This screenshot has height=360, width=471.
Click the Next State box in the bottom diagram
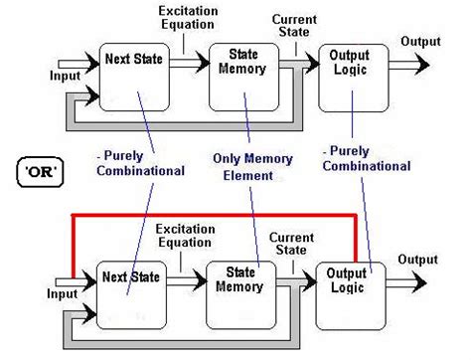tap(128, 293)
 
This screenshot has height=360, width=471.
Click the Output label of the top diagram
tap(420, 41)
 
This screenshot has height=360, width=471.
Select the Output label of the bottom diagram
tap(418, 260)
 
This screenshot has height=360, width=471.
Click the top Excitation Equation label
tap(189, 17)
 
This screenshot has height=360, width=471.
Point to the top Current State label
tap(295, 25)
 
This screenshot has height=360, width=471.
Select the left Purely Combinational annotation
tap(141, 164)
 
